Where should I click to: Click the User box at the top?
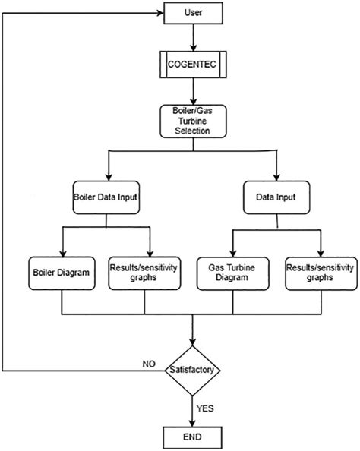194,12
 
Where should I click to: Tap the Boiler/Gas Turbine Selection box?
194,120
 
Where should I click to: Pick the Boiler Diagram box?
62,272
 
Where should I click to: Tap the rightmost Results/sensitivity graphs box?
321,272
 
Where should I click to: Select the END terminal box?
194,437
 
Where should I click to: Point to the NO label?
150,363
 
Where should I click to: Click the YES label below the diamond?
207,408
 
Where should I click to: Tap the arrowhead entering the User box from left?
161,12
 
